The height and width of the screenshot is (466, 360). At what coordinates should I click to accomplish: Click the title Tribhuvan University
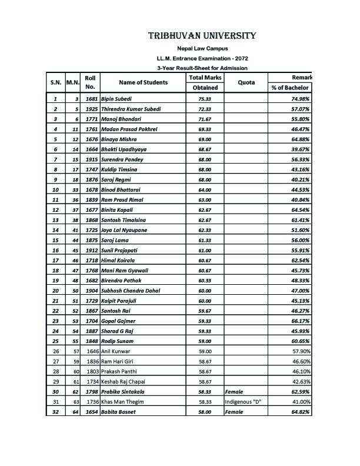pos(202,36)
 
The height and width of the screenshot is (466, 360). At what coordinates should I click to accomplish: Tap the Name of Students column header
pos(143,82)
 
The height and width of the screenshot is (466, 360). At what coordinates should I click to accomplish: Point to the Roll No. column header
pos(90,82)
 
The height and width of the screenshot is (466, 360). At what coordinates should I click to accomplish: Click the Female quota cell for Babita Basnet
pos(235,411)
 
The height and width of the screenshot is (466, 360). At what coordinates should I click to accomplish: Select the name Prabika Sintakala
pos(124,391)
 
